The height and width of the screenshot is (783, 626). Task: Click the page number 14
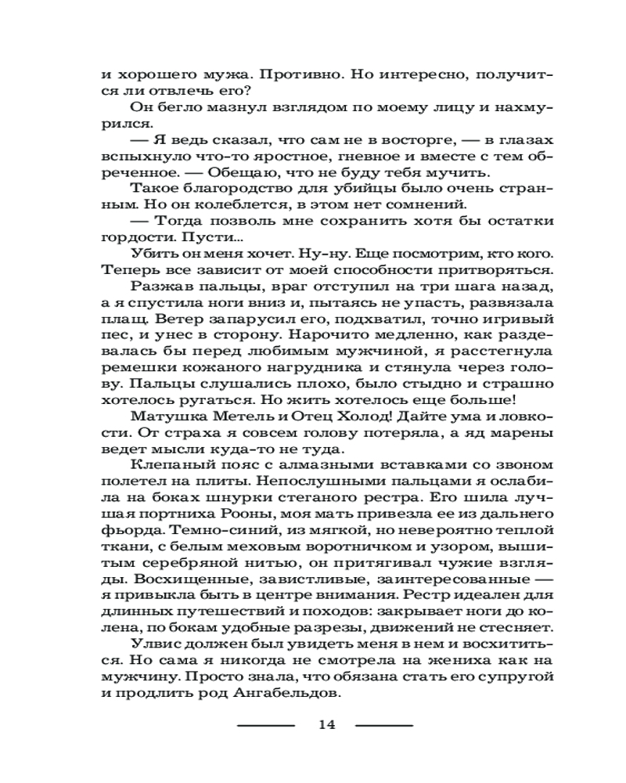tap(326, 725)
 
